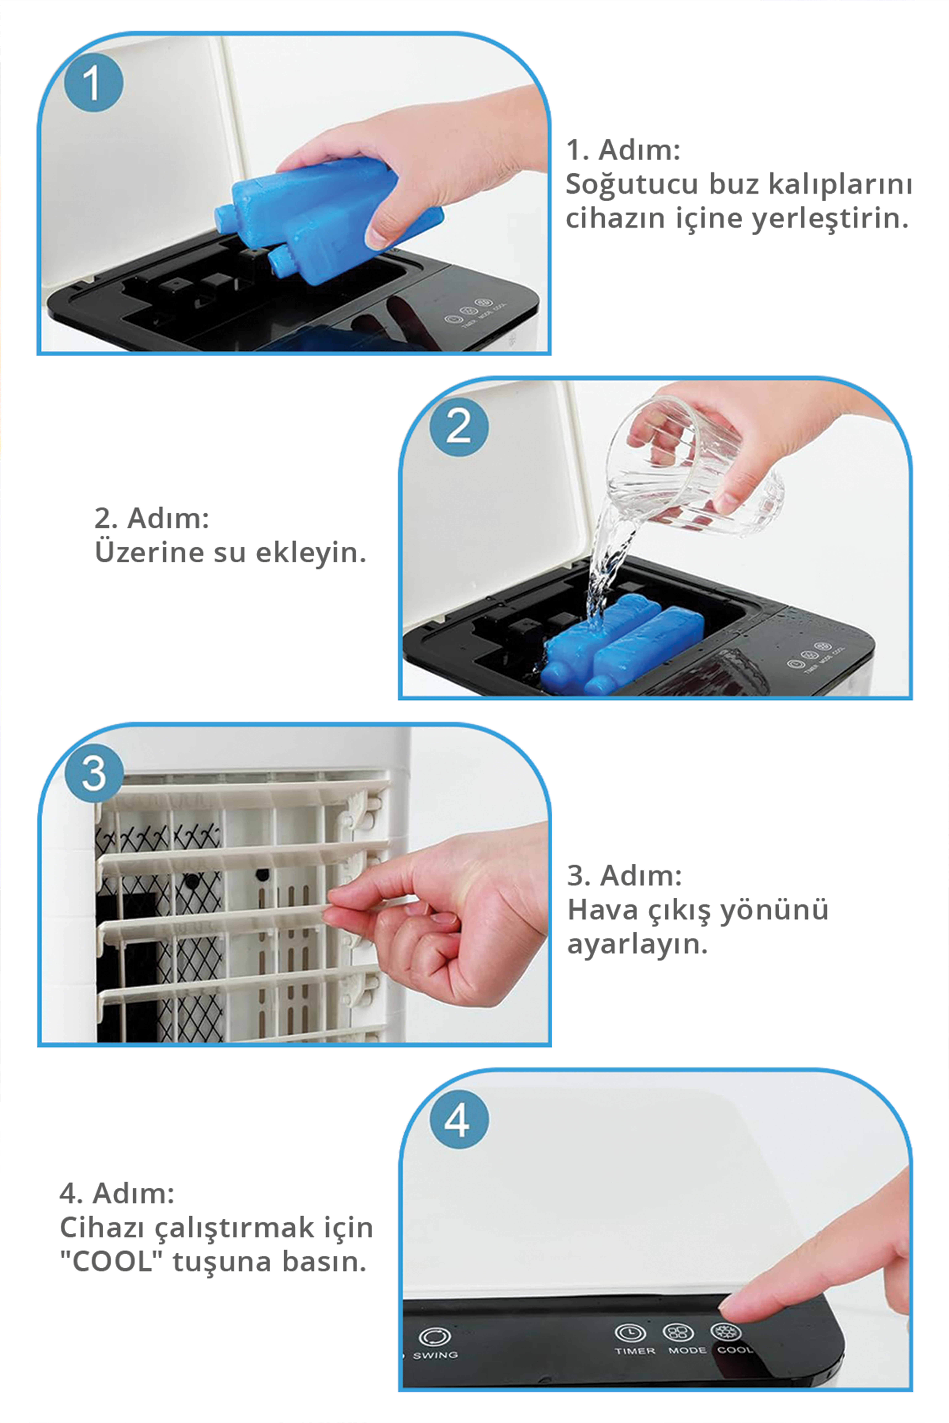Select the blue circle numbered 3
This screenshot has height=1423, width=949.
pyautogui.click(x=94, y=774)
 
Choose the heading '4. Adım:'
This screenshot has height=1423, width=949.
pyautogui.click(x=117, y=1194)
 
